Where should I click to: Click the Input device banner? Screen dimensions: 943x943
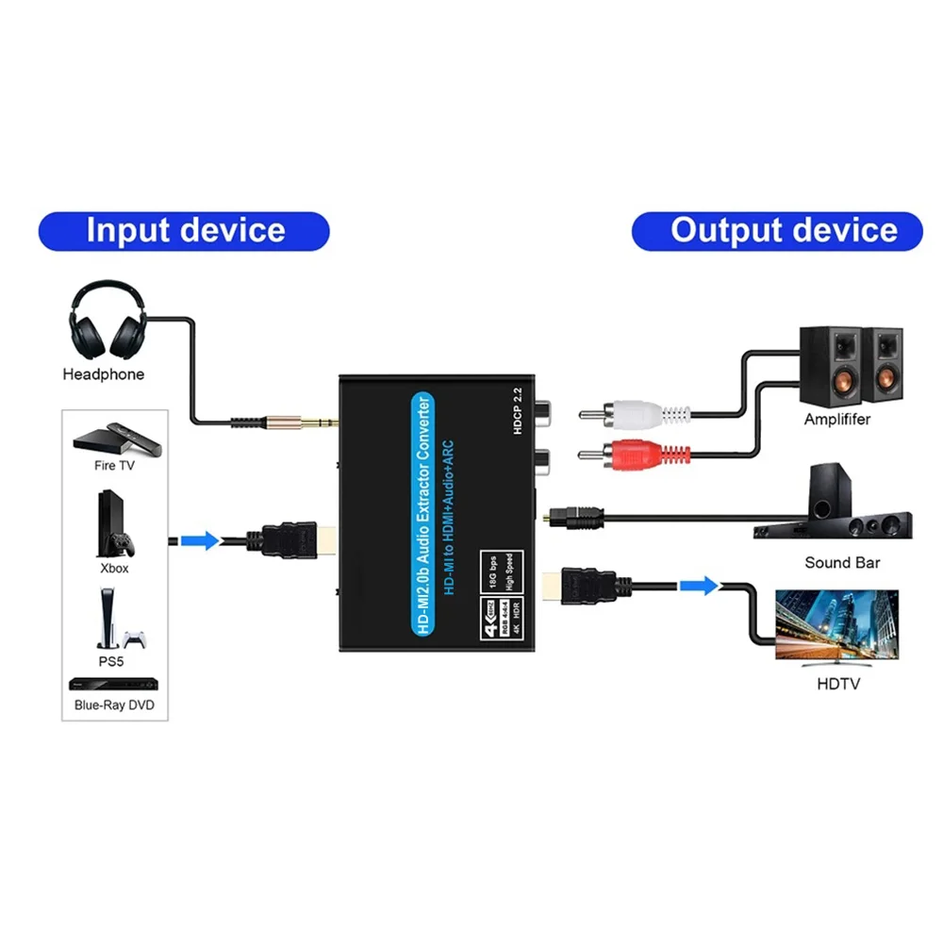click(x=184, y=231)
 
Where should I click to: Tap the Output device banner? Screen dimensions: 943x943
click(x=777, y=231)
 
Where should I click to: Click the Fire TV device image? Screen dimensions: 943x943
click(x=113, y=438)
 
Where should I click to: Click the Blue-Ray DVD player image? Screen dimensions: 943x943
click(x=114, y=685)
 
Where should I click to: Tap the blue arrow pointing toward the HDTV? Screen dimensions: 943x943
click(x=698, y=587)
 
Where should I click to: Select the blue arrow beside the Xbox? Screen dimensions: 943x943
click(x=199, y=540)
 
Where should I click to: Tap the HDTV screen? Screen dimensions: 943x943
click(x=835, y=625)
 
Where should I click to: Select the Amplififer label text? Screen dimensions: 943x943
click(x=836, y=419)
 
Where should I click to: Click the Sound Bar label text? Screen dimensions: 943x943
click(x=841, y=563)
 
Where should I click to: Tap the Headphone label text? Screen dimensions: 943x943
click(x=104, y=374)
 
